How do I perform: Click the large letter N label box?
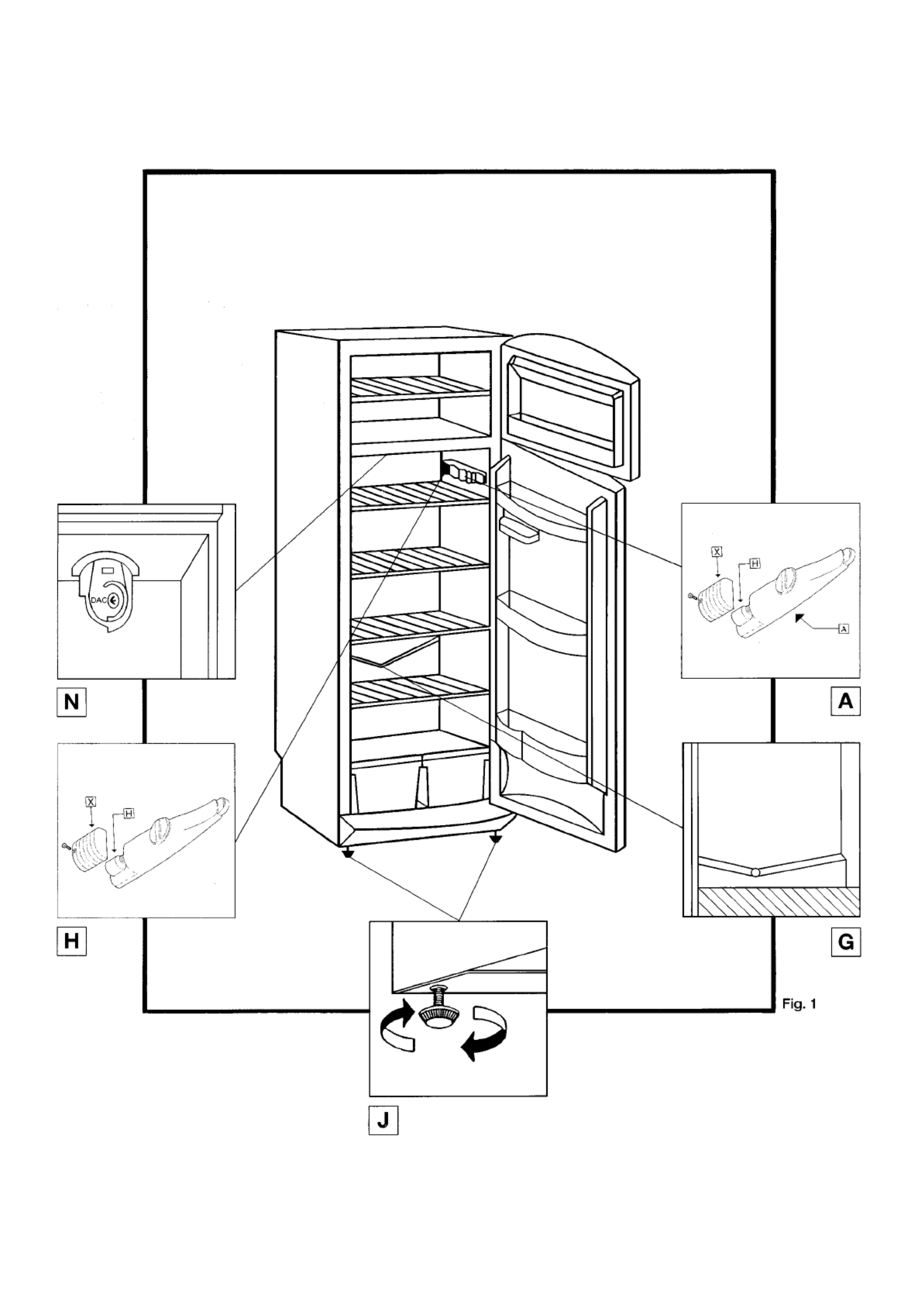click(x=71, y=702)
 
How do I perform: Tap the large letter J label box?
click(x=383, y=1120)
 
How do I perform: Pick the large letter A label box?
click(x=845, y=701)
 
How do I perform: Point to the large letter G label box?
click(x=845, y=942)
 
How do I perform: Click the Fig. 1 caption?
click(x=799, y=1004)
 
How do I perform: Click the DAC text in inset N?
click(x=98, y=600)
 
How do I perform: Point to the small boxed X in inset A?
click(x=717, y=551)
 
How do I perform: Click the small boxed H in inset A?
click(x=755, y=563)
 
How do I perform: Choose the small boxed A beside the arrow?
click(x=843, y=629)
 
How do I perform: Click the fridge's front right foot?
click(x=497, y=840)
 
